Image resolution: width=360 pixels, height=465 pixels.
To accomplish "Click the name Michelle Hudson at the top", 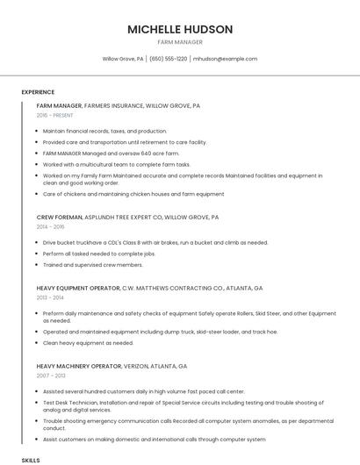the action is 180,29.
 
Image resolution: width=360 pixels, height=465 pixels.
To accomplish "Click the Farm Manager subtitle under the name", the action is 180,42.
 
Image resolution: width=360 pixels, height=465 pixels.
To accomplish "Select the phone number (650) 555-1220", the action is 169,59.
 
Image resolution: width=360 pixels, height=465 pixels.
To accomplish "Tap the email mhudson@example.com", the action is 226,59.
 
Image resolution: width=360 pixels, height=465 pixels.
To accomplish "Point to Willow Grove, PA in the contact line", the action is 123,59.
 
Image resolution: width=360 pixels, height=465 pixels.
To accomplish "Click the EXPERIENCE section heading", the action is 38,92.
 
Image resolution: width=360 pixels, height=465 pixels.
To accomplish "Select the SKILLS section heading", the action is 31,460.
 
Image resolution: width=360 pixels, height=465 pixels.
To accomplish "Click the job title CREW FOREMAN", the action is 60,216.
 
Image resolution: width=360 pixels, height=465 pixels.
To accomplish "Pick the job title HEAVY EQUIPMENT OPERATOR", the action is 77,288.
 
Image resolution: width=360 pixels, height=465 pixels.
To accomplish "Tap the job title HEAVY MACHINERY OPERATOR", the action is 78,366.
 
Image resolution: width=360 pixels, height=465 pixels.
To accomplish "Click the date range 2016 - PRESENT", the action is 55,115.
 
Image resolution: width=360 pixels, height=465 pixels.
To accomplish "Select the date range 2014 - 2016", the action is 51,226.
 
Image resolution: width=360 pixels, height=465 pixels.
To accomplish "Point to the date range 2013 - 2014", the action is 51,298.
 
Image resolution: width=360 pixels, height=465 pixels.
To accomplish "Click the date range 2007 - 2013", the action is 51,376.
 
